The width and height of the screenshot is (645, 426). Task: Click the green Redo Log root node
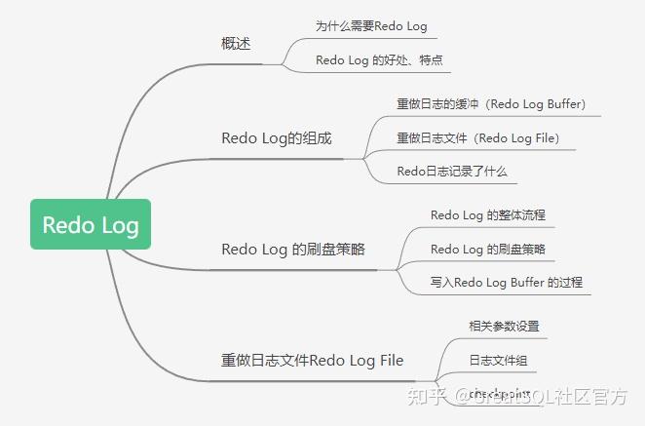click(x=91, y=225)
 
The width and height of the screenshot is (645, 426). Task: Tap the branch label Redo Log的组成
click(x=277, y=138)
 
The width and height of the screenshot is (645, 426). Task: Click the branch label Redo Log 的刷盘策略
click(x=293, y=249)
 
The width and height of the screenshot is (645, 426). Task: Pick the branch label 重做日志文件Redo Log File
click(x=312, y=361)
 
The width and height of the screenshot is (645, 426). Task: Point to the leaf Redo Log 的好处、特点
click(x=382, y=60)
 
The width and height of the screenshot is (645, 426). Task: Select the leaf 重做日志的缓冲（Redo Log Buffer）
click(x=491, y=103)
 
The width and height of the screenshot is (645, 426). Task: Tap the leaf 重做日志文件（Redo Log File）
click(x=477, y=138)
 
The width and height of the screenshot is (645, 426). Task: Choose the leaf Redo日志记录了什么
click(x=451, y=172)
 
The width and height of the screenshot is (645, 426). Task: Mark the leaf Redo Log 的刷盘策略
click(x=488, y=249)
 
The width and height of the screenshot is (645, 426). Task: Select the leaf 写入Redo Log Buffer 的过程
click(x=507, y=283)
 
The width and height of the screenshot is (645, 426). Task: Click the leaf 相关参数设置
click(x=504, y=326)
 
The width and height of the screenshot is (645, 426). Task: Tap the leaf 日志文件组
click(x=498, y=361)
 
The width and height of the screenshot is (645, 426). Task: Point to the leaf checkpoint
click(x=500, y=393)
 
